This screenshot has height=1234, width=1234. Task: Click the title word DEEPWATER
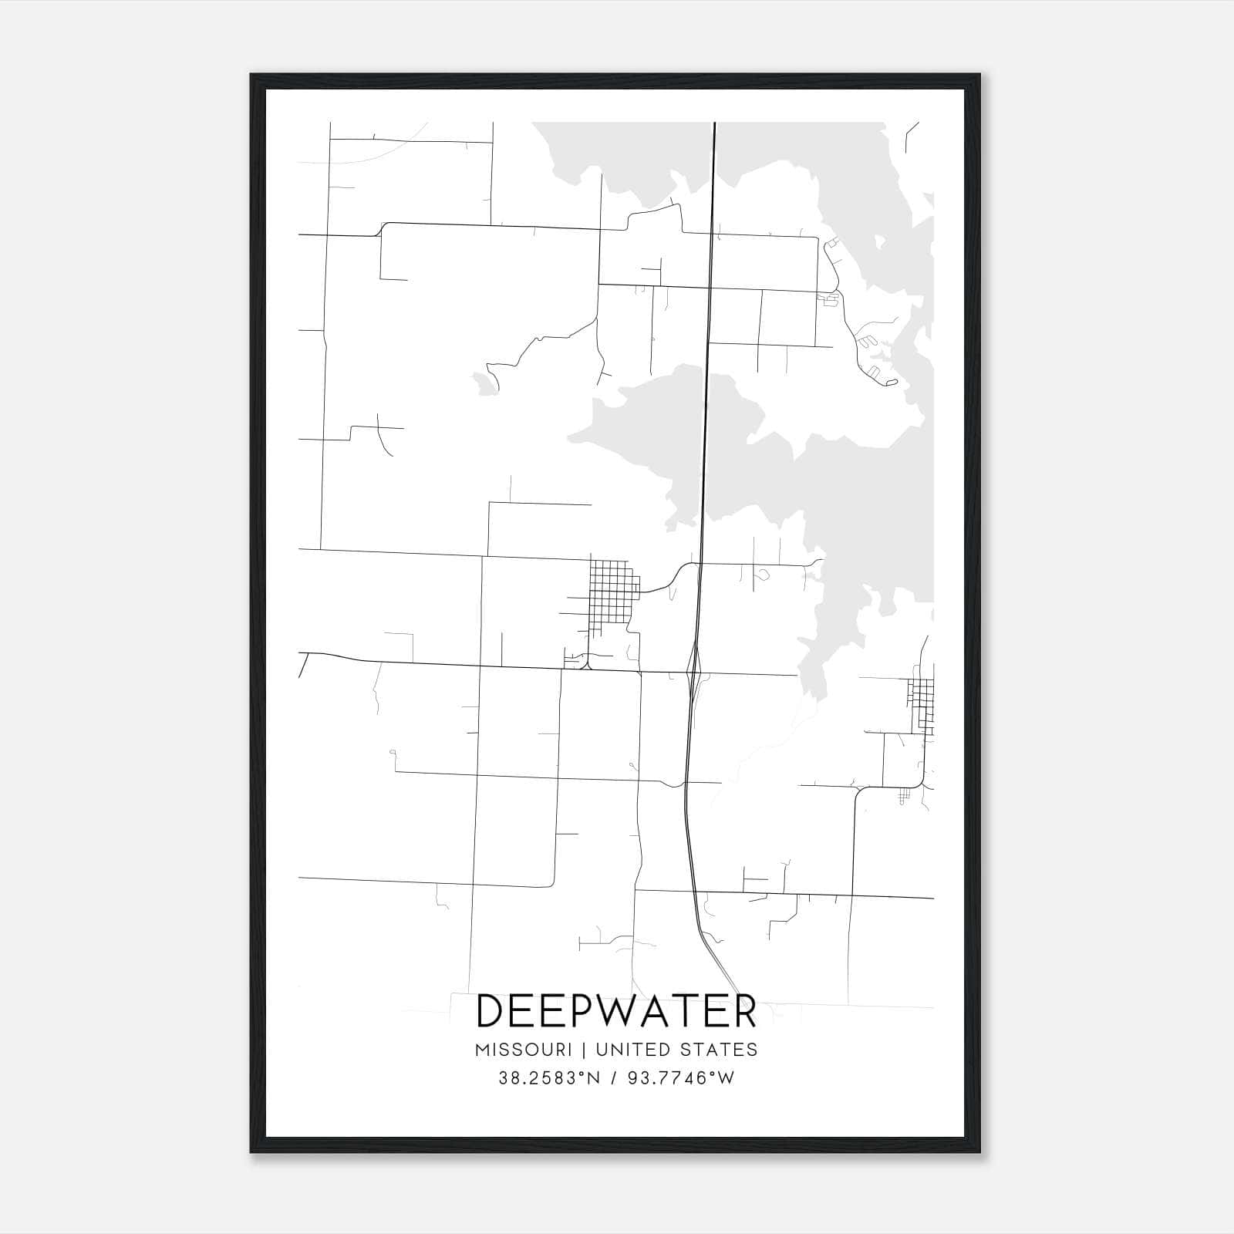(x=616, y=1011)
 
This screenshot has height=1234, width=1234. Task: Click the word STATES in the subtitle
(x=719, y=1050)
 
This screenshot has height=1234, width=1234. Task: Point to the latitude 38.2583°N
(x=549, y=1078)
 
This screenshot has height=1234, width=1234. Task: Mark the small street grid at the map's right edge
(x=922, y=706)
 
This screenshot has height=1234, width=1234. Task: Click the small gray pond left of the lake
(x=484, y=382)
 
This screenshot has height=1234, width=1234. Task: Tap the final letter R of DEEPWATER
(x=742, y=1011)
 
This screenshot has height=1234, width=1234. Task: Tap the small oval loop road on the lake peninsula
(x=892, y=382)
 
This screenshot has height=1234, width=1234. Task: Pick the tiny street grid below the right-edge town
(x=905, y=797)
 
